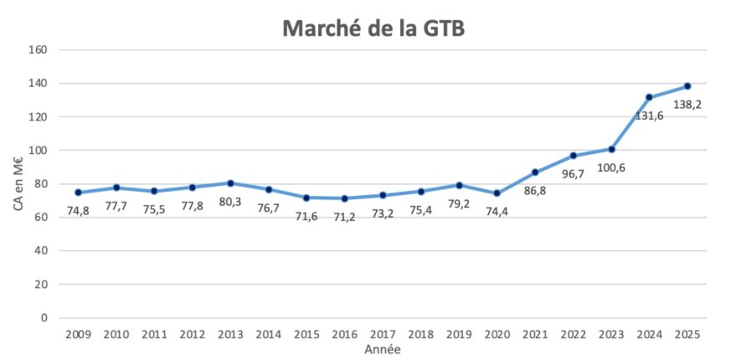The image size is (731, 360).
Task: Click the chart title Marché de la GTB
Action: pos(373,28)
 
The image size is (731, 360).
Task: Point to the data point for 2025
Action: pos(687,86)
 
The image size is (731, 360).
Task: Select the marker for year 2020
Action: pos(497,193)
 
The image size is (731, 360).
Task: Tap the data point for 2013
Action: pos(230,183)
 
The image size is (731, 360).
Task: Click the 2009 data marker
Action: pos(78,193)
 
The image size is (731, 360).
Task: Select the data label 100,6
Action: pos(610,167)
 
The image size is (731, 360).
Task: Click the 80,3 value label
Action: pos(230,202)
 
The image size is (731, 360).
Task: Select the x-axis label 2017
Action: pos(383,335)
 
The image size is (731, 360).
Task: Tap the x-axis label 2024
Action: pos(649,335)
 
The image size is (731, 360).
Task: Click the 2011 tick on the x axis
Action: pos(154,335)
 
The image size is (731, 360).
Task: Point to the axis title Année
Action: pos(382,349)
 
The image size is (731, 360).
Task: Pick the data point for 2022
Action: pos(573,156)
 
